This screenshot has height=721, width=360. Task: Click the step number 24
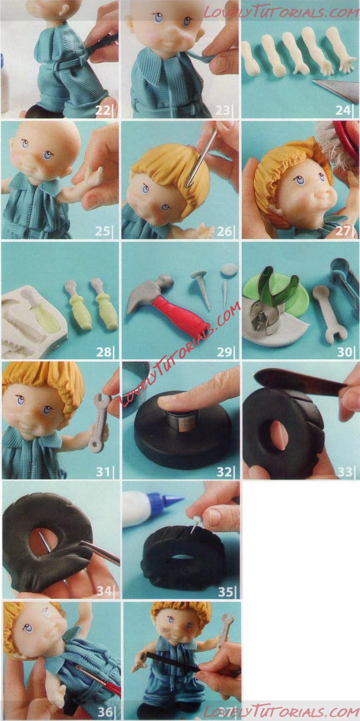[343, 111]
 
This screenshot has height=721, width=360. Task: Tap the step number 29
[224, 352]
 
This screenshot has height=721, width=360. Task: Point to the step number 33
[345, 472]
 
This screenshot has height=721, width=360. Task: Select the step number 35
[225, 592]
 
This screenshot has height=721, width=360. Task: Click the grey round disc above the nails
[229, 269]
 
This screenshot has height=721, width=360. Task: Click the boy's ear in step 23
[202, 32]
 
